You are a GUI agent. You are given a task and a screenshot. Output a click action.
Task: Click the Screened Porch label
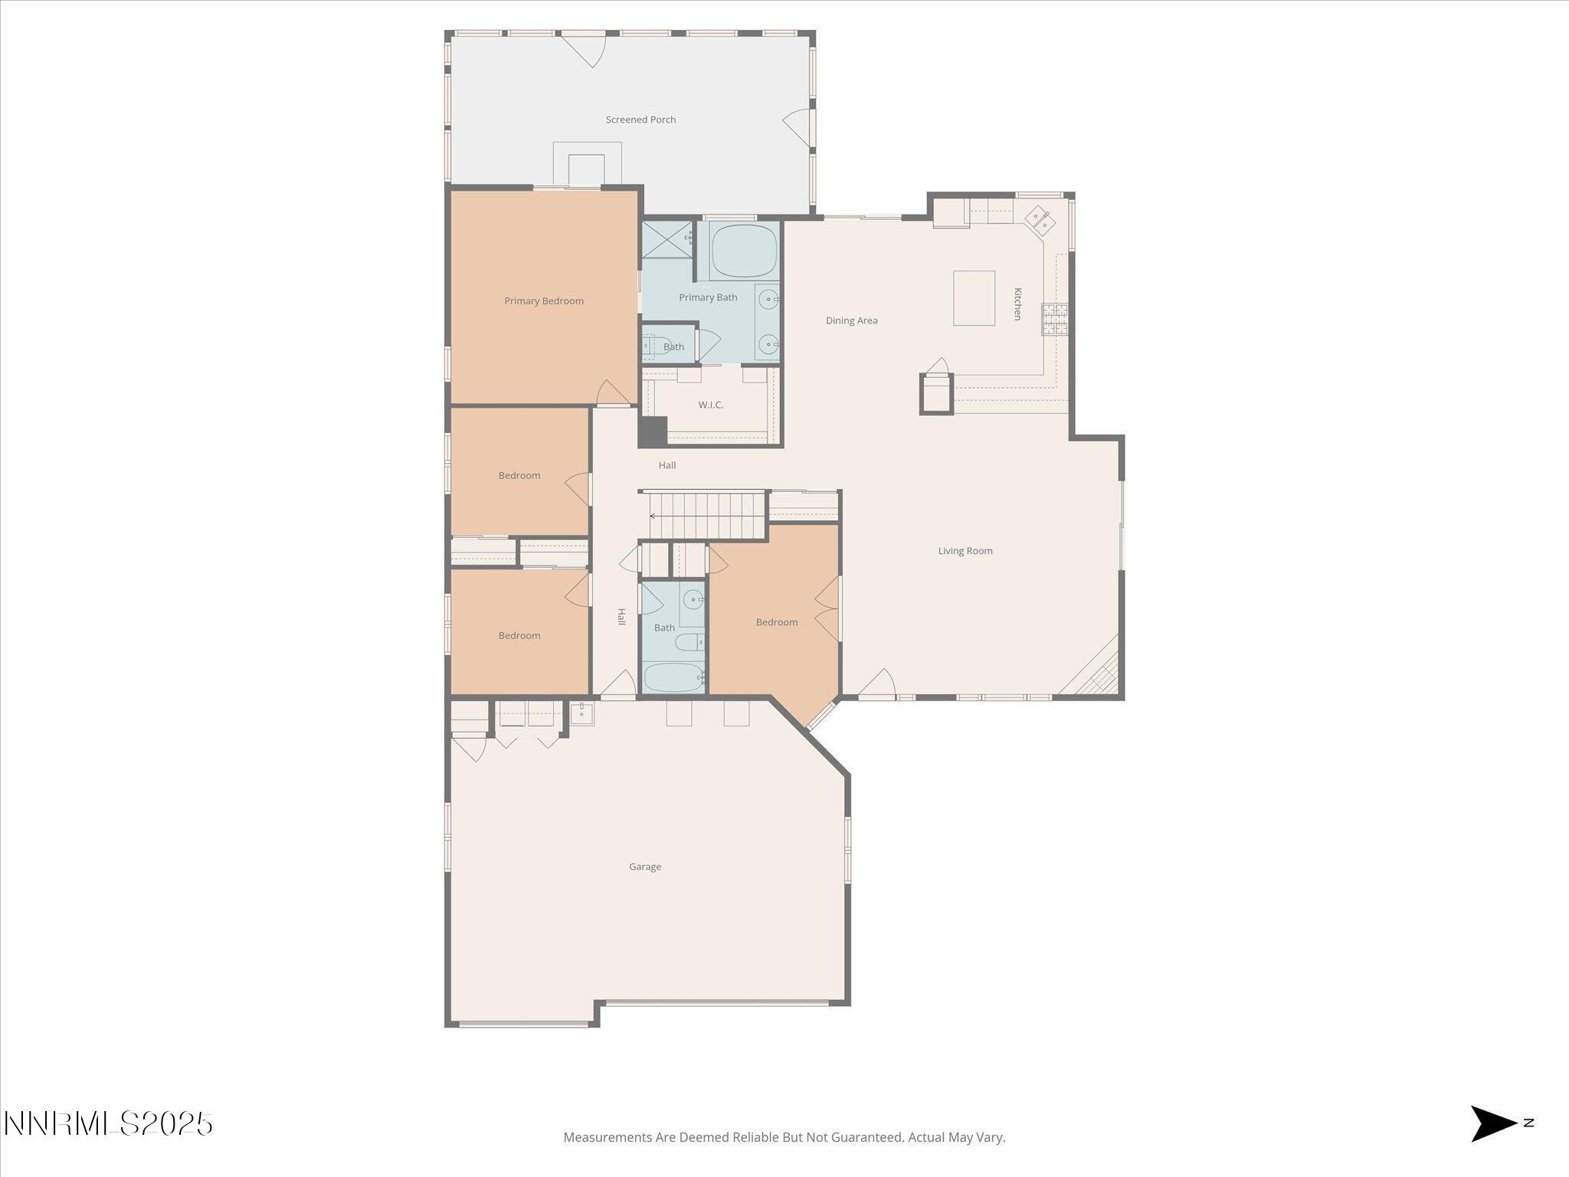tap(640, 120)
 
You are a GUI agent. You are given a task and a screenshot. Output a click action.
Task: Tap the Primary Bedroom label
tap(543, 301)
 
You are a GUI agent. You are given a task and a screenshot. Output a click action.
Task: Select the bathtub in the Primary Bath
tap(744, 251)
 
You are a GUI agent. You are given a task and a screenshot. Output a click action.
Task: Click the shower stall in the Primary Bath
tap(666, 240)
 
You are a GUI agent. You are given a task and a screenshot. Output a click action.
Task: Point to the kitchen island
tap(974, 298)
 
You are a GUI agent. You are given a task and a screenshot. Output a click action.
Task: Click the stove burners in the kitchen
tap(1054, 320)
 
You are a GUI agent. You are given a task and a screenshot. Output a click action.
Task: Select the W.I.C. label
tap(710, 405)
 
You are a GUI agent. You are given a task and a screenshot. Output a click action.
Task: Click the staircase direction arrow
tap(653, 516)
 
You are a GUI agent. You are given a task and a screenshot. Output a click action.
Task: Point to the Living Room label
tap(965, 551)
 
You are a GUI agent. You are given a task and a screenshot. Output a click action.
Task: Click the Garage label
tap(644, 867)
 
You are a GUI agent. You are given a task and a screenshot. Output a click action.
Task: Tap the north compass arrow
tap(1492, 1123)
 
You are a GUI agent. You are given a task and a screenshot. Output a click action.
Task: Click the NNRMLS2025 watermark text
tap(108, 1124)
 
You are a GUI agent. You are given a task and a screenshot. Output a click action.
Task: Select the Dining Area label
tap(851, 320)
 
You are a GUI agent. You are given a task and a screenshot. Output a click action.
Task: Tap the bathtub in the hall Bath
tap(673, 677)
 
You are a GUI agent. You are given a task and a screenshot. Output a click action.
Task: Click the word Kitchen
tap(1018, 304)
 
